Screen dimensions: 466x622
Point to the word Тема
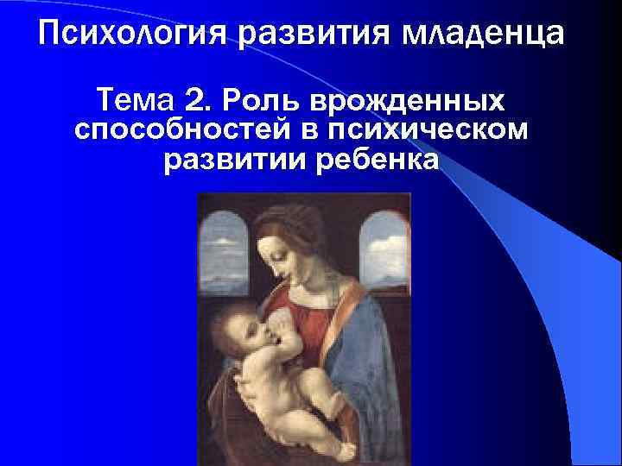pos(139,102)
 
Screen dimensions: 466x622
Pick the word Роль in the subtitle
pos(251,102)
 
